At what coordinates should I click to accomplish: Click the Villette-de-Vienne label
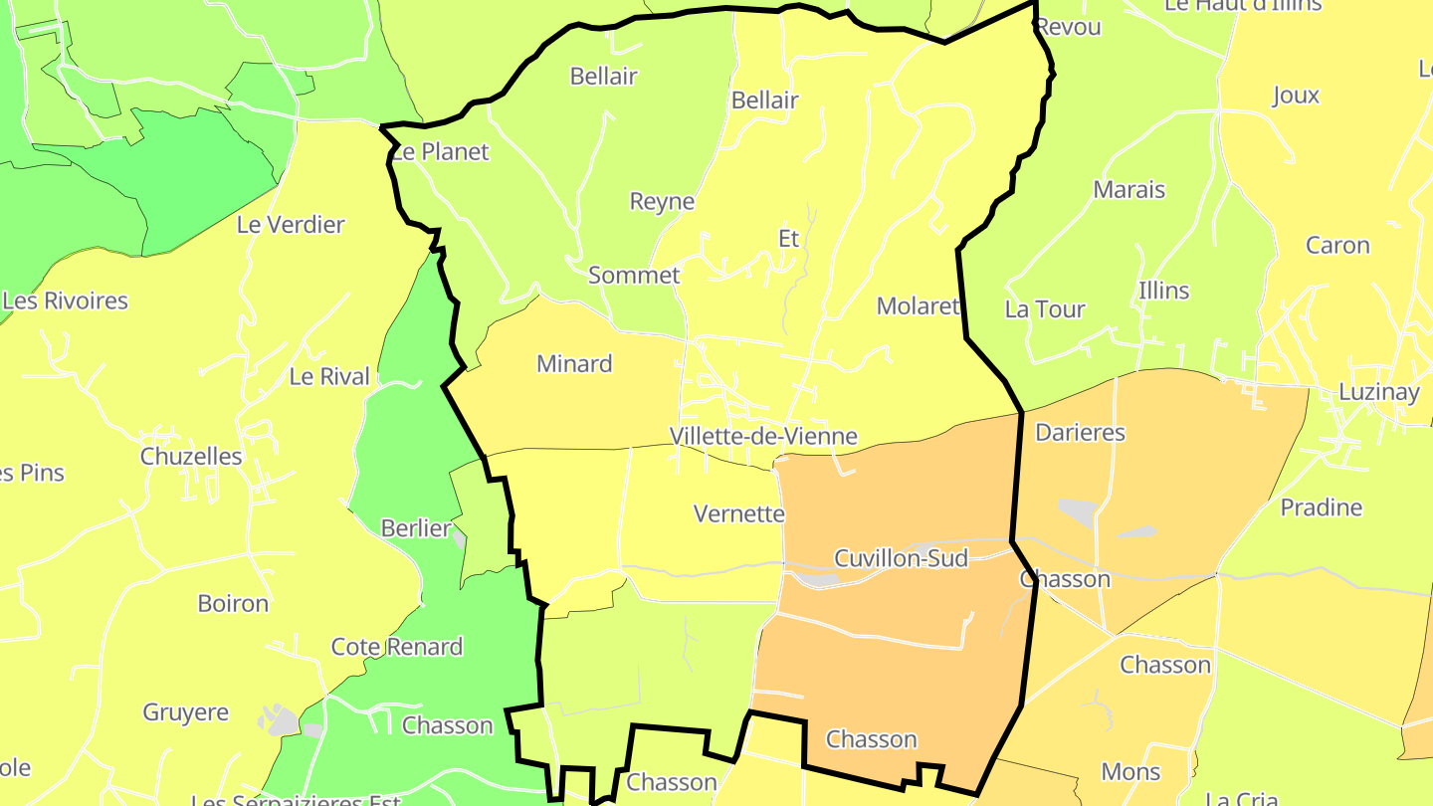[763, 436]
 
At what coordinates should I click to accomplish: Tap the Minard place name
[574, 364]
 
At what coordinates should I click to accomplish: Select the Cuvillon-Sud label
[901, 558]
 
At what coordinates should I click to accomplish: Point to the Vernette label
[738, 514]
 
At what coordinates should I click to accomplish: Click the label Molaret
[918, 306]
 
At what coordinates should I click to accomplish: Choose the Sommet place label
[634, 276]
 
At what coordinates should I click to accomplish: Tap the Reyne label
[662, 202]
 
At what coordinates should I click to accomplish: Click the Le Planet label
[440, 152]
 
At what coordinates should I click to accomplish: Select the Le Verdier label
[291, 225]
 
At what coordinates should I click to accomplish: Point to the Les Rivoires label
[66, 301]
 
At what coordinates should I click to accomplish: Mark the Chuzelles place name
[191, 457]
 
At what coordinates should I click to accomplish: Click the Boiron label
[233, 604]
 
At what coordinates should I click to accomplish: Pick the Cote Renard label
[397, 647]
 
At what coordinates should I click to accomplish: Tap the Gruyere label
[186, 712]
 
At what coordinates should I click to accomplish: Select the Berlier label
[416, 528]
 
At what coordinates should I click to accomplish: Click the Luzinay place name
[1378, 392]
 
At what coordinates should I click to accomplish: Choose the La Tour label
[1044, 309]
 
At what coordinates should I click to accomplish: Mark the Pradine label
[1321, 507]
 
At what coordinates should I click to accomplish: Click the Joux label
[1296, 96]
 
